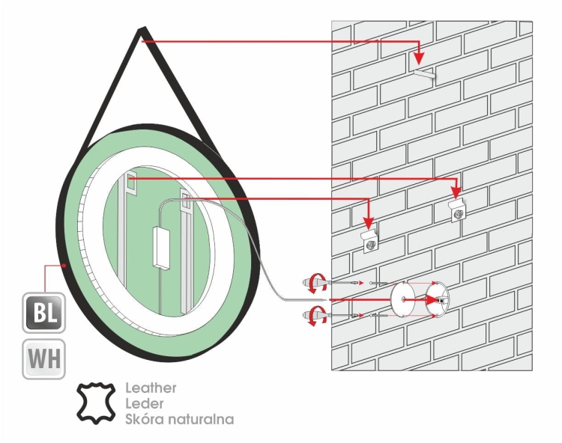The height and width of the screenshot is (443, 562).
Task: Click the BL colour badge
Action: [43, 313]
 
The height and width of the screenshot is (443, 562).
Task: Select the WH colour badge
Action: [43, 359]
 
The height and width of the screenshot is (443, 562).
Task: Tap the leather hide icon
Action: [96, 403]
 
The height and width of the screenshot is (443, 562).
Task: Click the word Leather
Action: [151, 388]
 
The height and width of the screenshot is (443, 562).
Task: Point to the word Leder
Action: [145, 403]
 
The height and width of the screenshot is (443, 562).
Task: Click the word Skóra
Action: [144, 419]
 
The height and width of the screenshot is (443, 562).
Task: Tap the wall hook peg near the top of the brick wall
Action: [425, 74]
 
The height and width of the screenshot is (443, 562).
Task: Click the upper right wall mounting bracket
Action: [458, 211]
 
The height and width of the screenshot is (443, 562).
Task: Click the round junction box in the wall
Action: [437, 299]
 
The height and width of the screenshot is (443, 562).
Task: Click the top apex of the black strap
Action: [142, 28]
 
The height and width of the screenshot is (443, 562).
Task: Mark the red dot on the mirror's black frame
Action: [64, 266]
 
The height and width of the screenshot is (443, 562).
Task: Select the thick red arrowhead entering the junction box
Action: [431, 299]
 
